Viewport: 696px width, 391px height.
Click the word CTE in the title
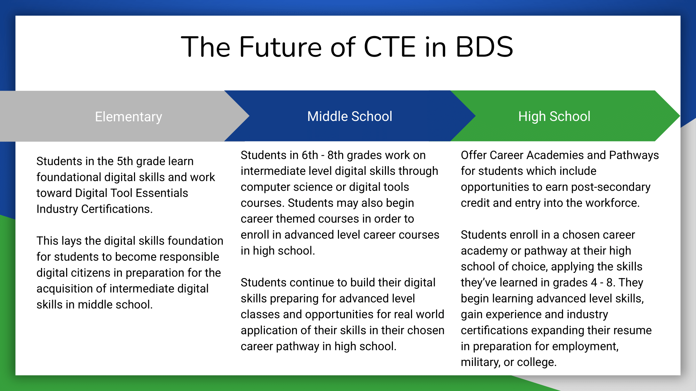(390, 47)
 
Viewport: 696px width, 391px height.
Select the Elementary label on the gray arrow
(128, 117)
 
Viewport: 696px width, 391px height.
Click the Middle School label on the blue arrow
(350, 116)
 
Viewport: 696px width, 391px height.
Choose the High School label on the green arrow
(554, 117)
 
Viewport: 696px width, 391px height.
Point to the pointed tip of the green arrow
(680, 116)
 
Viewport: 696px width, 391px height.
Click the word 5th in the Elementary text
(125, 161)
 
